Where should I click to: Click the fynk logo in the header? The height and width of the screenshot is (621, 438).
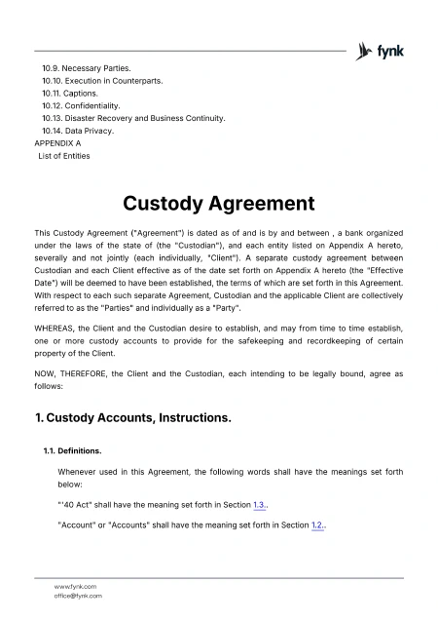coord(381,51)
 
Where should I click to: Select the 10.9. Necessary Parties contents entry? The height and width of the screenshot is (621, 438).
coord(86,68)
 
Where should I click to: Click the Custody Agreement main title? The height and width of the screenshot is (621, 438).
coord(218,204)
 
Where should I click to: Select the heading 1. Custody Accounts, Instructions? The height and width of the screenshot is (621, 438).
coord(132,418)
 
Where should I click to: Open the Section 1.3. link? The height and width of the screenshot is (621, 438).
coord(260,504)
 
